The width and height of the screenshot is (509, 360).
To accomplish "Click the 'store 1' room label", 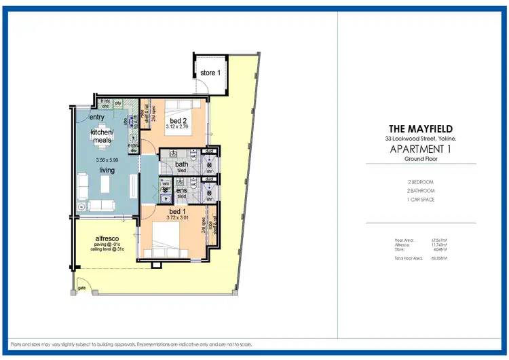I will [209, 73].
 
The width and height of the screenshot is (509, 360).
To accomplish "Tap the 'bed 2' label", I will [178, 121].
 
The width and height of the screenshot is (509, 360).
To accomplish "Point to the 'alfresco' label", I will [108, 239].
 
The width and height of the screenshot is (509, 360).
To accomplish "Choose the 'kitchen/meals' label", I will [101, 136].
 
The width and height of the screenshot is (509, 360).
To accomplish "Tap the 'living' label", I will [107, 170].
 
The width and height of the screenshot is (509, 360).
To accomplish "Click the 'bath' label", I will [181, 164].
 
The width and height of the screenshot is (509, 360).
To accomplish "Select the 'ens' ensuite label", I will [181, 191].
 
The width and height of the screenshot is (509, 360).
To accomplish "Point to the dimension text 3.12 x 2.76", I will [178, 128].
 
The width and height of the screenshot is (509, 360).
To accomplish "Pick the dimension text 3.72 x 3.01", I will [178, 218].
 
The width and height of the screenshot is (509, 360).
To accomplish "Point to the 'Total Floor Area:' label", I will [409, 258].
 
